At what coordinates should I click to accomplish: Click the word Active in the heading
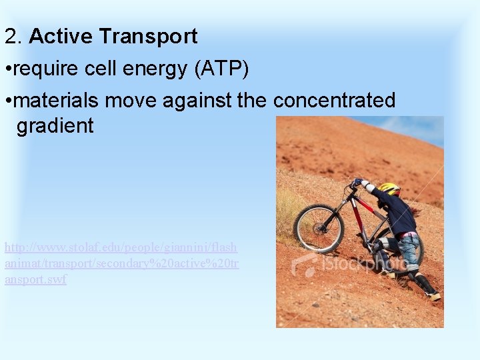(61, 37)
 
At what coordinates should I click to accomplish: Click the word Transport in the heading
(147, 37)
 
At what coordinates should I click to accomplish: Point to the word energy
(152, 69)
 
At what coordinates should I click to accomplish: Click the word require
(43, 69)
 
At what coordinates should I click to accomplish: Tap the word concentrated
(334, 101)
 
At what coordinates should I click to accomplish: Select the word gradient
(55, 126)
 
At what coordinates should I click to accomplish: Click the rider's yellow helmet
(389, 189)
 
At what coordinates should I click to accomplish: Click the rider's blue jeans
(408, 250)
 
